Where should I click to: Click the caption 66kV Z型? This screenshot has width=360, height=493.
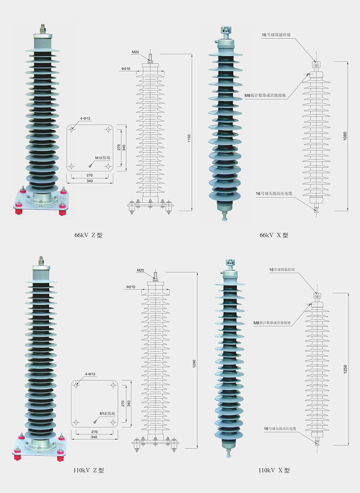[88, 235]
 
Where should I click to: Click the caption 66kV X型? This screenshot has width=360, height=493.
[274, 235]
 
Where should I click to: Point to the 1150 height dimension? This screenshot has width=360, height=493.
[189, 138]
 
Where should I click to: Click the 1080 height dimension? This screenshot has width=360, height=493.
[345, 136]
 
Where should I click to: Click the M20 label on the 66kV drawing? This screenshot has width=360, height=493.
[135, 52]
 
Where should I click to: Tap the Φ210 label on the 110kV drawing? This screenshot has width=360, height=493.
[131, 287]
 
